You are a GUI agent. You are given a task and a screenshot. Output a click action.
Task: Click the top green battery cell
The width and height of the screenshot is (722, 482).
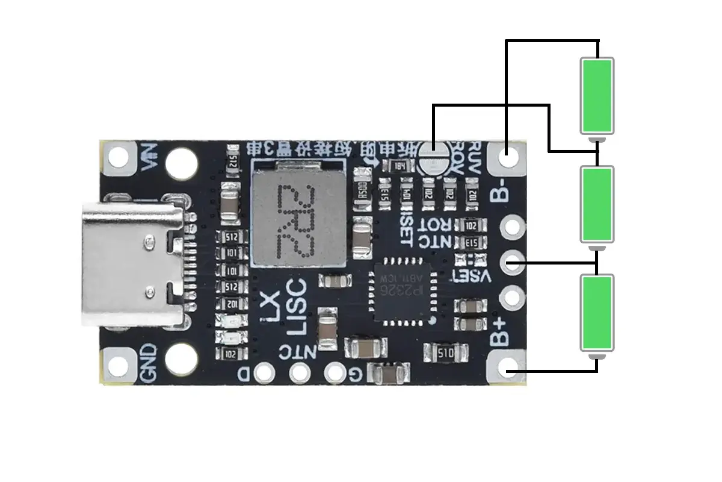pos(597,95)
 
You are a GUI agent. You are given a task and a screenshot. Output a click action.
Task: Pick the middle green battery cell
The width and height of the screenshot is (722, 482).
pos(597,204)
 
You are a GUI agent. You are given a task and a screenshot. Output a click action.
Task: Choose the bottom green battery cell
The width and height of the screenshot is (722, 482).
pos(597,313)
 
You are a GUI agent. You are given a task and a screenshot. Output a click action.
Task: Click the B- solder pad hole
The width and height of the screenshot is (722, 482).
pos(508,158)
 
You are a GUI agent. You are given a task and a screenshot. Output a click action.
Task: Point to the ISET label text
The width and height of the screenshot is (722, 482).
pos(406,224)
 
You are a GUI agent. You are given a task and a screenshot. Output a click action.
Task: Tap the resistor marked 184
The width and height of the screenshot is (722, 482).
pos(400,166)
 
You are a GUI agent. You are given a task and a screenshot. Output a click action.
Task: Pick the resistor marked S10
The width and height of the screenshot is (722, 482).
pos(446,352)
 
